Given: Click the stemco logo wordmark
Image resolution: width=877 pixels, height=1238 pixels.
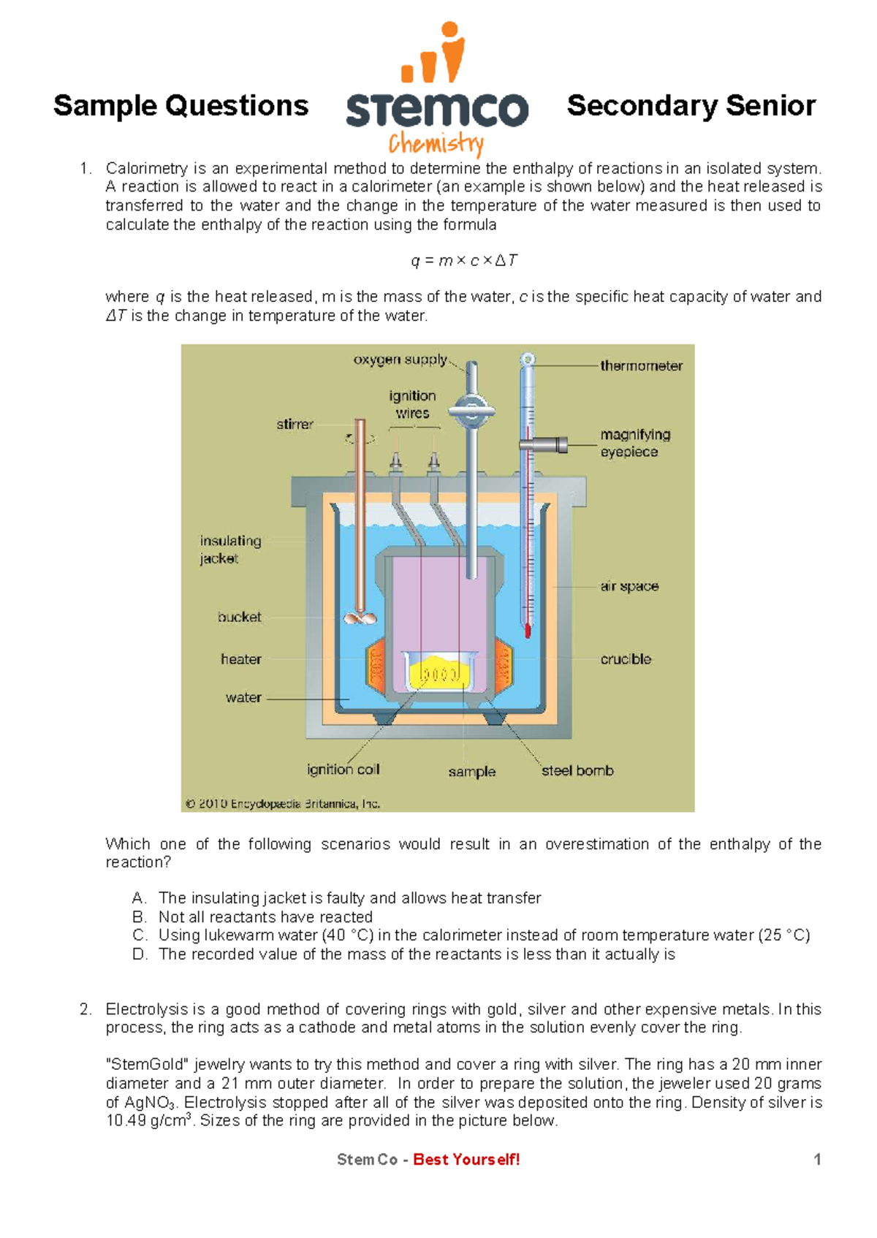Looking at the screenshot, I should click(436, 110).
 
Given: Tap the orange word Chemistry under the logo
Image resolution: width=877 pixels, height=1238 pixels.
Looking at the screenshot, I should click(436, 144).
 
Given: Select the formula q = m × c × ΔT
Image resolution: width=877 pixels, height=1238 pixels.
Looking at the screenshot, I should click(464, 261).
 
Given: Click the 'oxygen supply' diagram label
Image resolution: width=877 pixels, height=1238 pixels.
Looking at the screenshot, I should click(400, 360).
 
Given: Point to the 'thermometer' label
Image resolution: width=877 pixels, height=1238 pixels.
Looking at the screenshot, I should click(641, 365).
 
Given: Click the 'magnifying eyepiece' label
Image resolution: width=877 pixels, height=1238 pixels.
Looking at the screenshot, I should click(634, 443).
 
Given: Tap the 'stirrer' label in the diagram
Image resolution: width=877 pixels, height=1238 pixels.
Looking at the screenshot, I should click(295, 424).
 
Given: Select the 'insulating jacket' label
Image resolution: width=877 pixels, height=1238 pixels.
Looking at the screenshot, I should click(230, 550).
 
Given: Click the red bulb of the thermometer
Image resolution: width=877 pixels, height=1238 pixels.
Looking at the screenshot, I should click(528, 630).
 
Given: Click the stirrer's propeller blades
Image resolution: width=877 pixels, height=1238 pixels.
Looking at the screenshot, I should click(360, 618).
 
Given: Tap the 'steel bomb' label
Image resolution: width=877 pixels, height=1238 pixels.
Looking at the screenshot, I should click(577, 770).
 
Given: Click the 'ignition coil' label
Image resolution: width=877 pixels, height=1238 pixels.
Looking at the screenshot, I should click(343, 769).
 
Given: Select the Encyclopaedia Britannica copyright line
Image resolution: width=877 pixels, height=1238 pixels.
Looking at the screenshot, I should click(282, 804).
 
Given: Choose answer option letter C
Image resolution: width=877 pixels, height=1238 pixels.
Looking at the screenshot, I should click(140, 935).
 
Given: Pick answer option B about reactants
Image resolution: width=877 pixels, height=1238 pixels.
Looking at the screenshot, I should click(265, 916).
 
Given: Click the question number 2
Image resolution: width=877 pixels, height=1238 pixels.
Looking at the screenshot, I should click(86, 1009).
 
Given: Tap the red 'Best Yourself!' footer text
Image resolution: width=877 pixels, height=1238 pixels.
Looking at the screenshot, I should click(466, 1159).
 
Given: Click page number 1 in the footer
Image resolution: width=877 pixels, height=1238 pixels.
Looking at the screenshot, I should click(817, 1159).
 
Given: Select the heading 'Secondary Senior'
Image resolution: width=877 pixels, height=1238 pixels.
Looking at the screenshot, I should click(691, 106).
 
